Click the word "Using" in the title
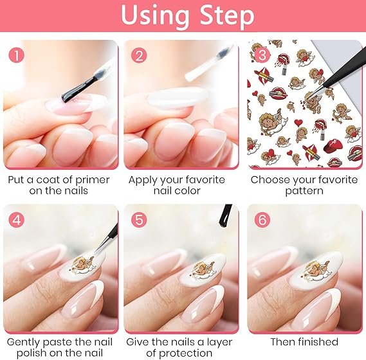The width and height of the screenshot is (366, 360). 155,16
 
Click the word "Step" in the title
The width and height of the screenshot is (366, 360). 227,16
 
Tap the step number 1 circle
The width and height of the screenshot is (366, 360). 17,55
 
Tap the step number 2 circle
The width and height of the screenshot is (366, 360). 139,55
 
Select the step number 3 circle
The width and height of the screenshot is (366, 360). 262,55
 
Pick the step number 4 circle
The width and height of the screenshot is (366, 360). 17,220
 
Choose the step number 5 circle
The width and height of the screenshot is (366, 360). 139,220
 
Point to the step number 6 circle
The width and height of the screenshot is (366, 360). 262,220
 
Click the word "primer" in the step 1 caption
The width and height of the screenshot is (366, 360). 93,181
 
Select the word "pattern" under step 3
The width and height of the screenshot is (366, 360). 304,192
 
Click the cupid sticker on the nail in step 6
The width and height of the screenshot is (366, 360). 316,271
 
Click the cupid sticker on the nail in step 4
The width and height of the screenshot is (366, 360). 82,265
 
